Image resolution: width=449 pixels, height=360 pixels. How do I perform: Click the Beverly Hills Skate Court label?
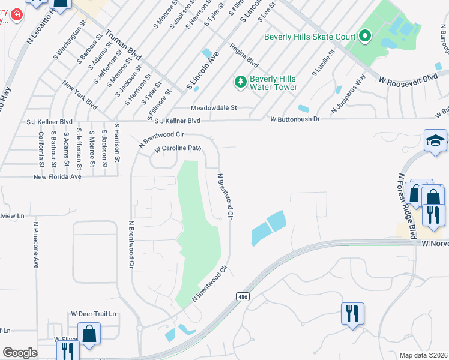(x=310, y=37)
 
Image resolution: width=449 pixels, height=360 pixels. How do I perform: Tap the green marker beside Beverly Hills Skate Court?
(x=364, y=37)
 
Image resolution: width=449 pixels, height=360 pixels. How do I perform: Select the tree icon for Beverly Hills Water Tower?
(x=240, y=81)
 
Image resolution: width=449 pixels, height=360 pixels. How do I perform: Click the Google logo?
(x=20, y=353)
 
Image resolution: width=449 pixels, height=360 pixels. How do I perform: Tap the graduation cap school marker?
(x=435, y=141)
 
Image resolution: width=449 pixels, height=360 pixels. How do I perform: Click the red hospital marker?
(x=16, y=14)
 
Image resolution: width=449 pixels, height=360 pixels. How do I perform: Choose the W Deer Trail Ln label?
(x=93, y=314)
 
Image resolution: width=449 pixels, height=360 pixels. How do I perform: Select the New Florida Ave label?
(x=57, y=177)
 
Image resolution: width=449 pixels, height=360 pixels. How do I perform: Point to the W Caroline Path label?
(x=177, y=148)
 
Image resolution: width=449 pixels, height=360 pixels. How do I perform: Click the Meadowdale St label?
(x=214, y=108)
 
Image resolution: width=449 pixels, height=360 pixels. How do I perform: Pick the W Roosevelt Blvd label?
(x=408, y=79)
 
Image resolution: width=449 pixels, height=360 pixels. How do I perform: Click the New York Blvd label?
(x=80, y=96)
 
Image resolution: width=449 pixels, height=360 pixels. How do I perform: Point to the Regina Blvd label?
(x=244, y=55)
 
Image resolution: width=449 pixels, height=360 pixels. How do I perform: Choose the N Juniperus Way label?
(x=349, y=94)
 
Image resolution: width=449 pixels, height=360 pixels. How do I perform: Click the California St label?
(x=40, y=149)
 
